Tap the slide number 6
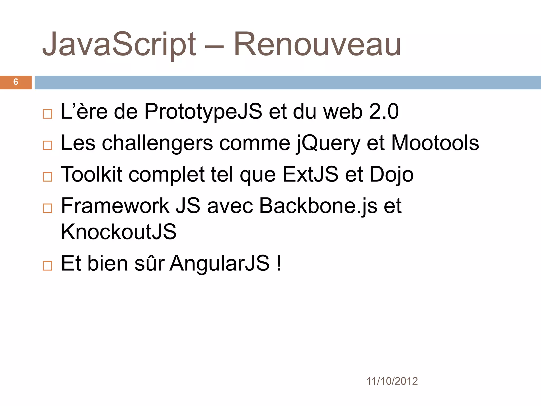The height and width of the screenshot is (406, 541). tap(16, 82)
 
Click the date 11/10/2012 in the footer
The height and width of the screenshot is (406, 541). tap(392, 381)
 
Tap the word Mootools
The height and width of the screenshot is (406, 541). tap(435, 143)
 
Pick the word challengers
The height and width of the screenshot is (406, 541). tap(157, 143)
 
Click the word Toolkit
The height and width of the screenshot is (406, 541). tap(92, 174)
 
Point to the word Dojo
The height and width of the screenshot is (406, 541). tap(391, 175)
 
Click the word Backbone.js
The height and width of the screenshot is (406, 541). tap(318, 206)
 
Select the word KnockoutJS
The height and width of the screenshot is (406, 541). tap(119, 232)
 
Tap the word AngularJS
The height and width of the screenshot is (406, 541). tap(220, 263)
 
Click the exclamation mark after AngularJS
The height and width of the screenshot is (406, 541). tap(279, 263)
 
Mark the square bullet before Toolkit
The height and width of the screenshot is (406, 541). tap(48, 177)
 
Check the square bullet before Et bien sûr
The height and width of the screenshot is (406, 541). tap(48, 266)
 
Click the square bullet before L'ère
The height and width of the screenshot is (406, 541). tap(48, 114)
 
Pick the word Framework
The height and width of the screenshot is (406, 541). tap(115, 206)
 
